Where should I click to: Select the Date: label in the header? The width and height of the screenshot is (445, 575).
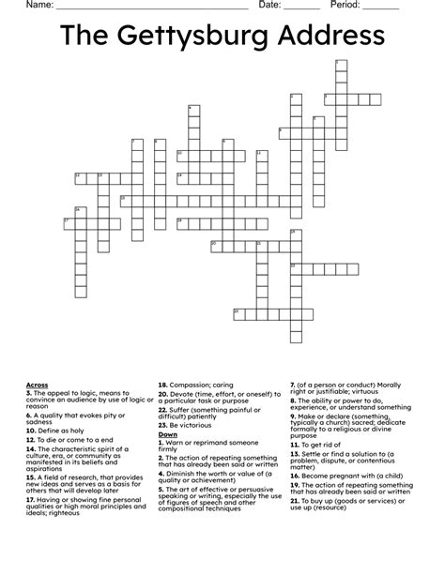tap(269, 6)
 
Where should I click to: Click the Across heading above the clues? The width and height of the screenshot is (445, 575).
tap(37, 385)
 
